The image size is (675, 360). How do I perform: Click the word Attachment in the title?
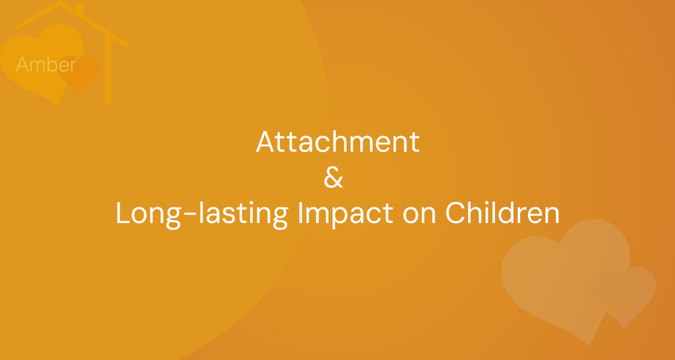338,142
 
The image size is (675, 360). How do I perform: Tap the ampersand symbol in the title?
333,178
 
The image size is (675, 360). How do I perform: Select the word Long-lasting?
202,214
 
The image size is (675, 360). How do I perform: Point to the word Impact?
345,214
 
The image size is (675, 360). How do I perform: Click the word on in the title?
419,214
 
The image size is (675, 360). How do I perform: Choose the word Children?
502,213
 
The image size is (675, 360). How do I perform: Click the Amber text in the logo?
46,64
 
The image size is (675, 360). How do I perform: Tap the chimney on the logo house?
80,8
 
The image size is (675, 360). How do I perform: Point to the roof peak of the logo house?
60,2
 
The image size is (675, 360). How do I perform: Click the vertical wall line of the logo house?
108,70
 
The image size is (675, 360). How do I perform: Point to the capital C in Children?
456,213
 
